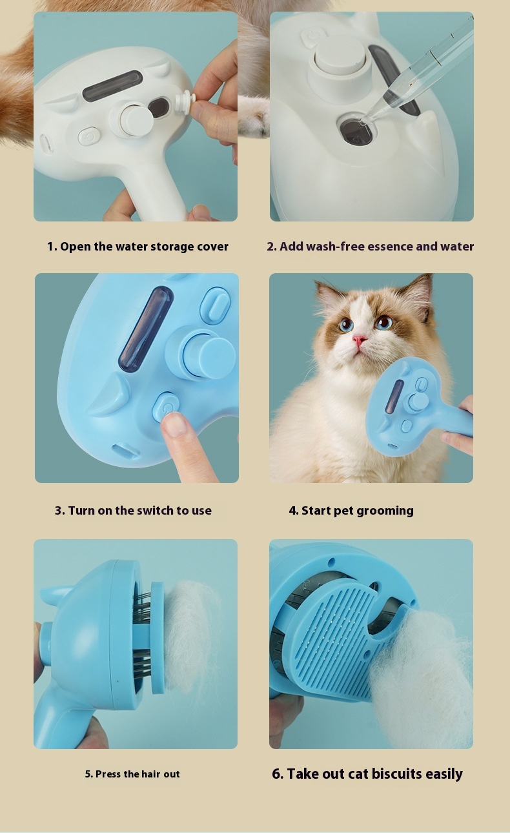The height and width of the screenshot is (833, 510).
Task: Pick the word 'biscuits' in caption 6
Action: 397,774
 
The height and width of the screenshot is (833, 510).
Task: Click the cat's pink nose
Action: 359,340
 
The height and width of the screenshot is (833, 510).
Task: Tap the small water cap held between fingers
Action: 185,103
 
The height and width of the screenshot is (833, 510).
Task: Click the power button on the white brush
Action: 89,136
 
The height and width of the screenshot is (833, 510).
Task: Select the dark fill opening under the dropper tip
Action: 356,130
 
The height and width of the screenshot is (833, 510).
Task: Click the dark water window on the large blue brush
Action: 145,329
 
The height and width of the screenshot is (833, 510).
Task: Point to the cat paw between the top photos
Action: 253,116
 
